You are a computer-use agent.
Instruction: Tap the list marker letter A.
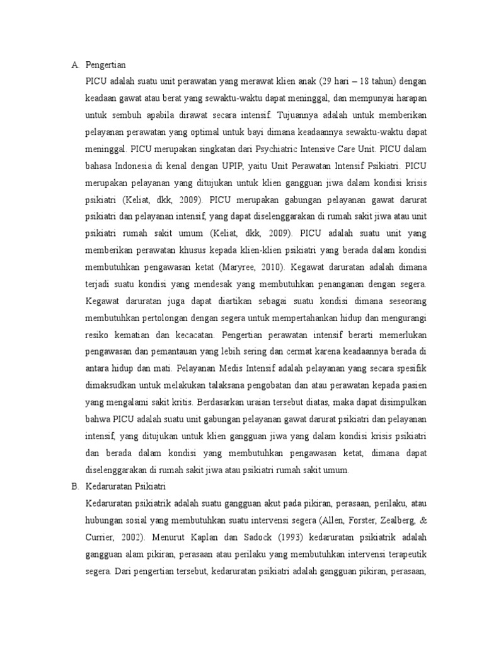[x=74, y=64]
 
